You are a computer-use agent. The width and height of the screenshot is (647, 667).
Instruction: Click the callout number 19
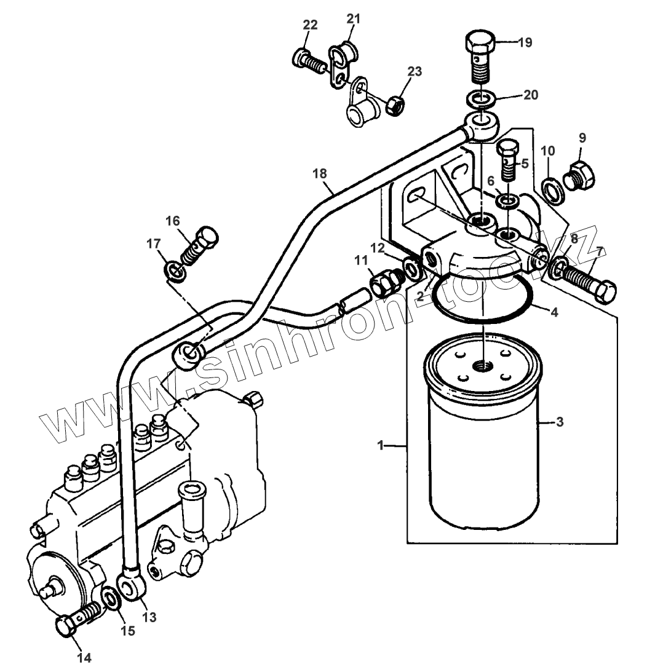click(x=525, y=42)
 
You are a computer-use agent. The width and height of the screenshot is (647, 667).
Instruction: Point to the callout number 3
click(x=559, y=422)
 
